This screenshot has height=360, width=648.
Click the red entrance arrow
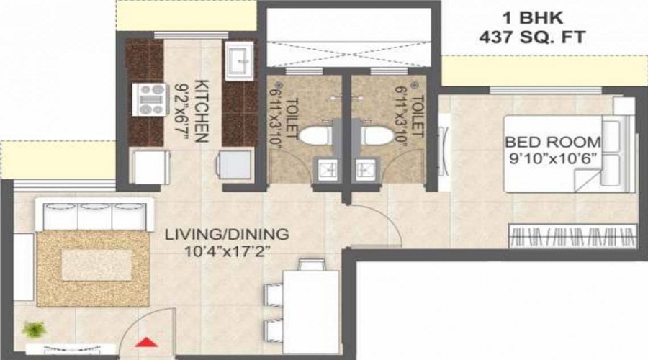click(x=146, y=343)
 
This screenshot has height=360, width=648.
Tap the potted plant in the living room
click(x=33, y=330)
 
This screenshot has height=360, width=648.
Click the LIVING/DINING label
click(x=226, y=235)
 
